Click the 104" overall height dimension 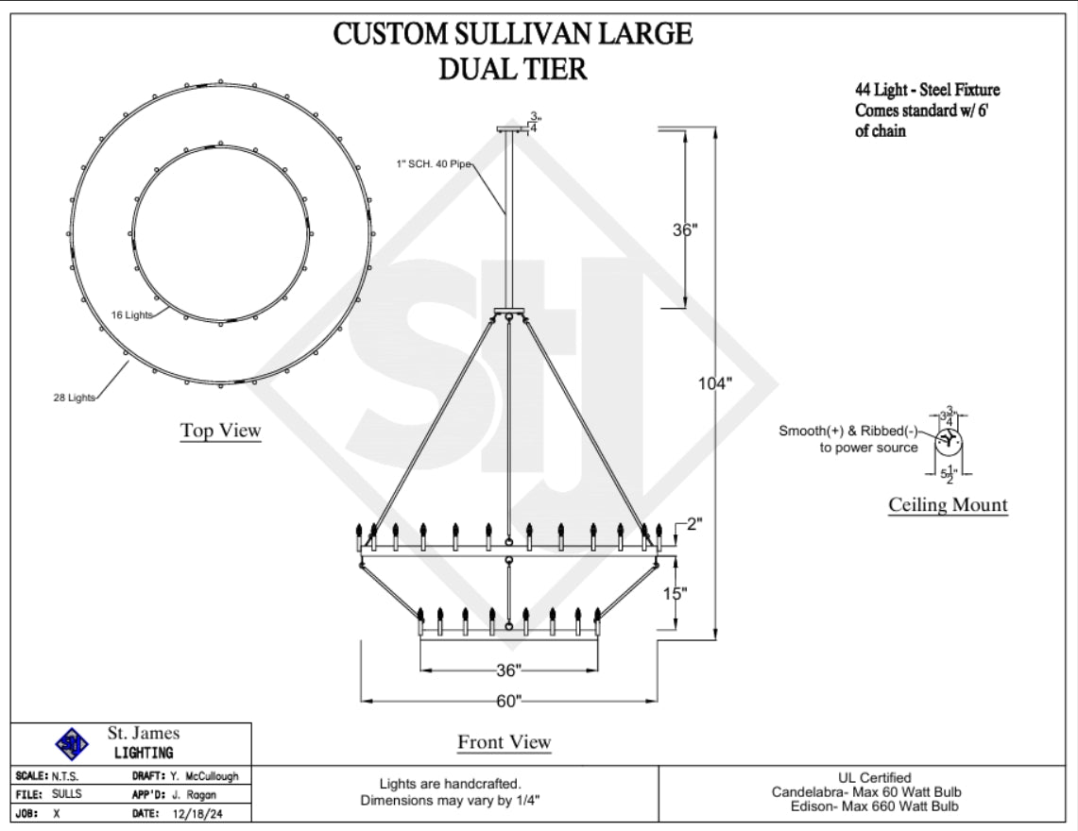pos(715,383)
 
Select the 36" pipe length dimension pos(684,229)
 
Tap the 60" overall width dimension pos(508,701)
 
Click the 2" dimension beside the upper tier pos(695,524)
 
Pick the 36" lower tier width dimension pos(508,670)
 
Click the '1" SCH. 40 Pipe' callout pos(433,163)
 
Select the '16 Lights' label pos(130,314)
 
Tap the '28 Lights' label pos(74,398)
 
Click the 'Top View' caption pos(221,431)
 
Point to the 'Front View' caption pos(505,742)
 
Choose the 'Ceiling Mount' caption pos(948,505)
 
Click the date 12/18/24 pos(197,812)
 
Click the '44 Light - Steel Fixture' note pos(927,90)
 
